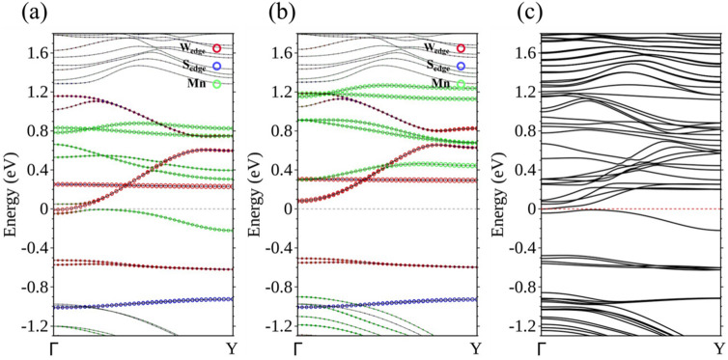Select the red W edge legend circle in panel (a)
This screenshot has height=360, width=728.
(x=220, y=48)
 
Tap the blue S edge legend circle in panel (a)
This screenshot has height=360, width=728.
(x=220, y=67)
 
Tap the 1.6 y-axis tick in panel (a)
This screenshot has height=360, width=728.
(x=36, y=53)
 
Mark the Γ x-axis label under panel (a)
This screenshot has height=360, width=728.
(x=54, y=347)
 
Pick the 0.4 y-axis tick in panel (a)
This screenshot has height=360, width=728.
(x=36, y=170)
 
